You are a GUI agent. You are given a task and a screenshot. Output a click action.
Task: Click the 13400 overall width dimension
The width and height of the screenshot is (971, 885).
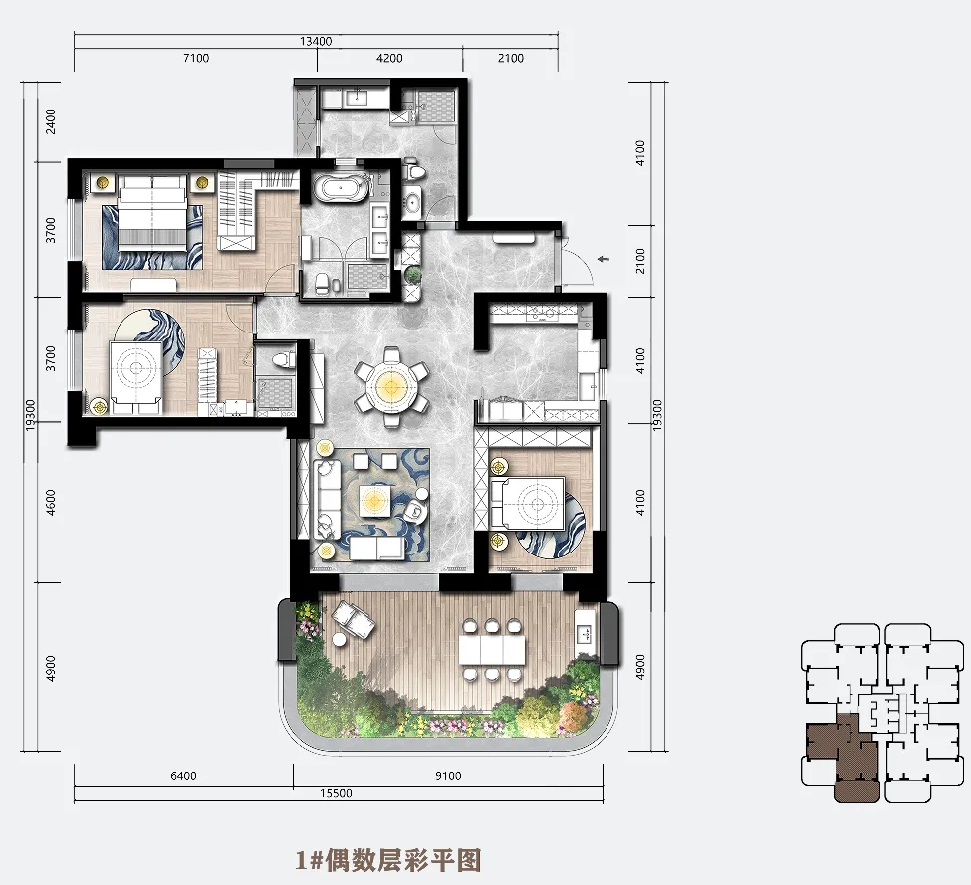pyautogui.click(x=316, y=42)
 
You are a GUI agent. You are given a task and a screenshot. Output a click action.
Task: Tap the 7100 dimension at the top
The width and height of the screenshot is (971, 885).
pyautogui.click(x=196, y=58)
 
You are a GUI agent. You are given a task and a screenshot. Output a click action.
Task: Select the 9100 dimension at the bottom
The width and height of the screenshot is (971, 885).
pyautogui.click(x=448, y=776)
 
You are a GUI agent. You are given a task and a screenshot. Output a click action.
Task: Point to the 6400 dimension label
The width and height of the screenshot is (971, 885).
pyautogui.click(x=183, y=776)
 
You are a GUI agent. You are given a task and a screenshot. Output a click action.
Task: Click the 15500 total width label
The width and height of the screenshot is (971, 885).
pyautogui.click(x=336, y=793)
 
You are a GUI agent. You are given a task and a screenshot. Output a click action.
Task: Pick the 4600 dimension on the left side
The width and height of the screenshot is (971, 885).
pyautogui.click(x=51, y=502)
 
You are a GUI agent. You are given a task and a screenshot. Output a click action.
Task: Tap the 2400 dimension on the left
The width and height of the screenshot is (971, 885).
pyautogui.click(x=51, y=121)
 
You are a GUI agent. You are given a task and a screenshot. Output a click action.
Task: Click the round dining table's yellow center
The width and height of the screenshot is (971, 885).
pyautogui.click(x=390, y=388)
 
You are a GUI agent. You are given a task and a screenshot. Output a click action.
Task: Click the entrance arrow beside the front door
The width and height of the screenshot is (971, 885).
pyautogui.click(x=604, y=259)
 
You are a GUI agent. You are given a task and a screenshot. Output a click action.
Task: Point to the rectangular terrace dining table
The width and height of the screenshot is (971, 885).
pyautogui.click(x=492, y=650)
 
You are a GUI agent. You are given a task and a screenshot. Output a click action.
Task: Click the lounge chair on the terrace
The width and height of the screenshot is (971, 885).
pyautogui.click(x=353, y=620)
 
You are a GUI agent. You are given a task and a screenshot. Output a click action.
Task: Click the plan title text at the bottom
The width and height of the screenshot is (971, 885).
pyautogui.click(x=388, y=860)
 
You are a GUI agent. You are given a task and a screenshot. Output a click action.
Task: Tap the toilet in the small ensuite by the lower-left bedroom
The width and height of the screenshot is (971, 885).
pyautogui.click(x=284, y=360)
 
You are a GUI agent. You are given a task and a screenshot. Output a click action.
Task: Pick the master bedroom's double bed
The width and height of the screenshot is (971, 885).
pyautogui.click(x=152, y=212)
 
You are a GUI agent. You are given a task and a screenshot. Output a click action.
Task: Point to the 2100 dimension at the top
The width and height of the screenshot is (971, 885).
pyautogui.click(x=511, y=58)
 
